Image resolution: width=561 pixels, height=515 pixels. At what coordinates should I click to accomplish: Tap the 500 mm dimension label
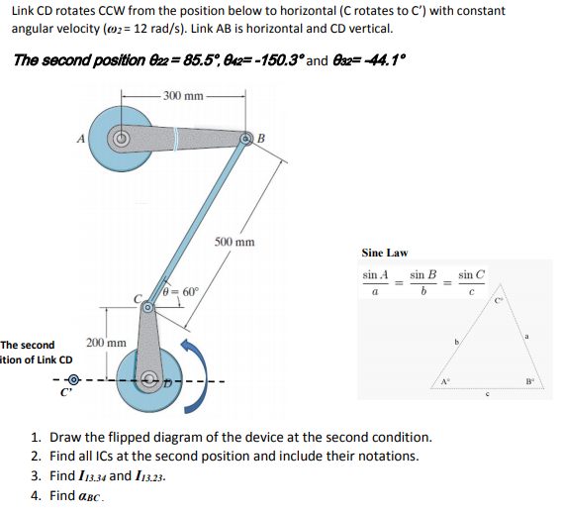click(234, 242)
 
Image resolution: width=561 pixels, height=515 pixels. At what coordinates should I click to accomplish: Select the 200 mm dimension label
click(106, 342)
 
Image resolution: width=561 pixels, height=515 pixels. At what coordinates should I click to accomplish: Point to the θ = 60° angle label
click(181, 292)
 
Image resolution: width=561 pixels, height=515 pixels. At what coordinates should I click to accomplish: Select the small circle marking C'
click(66, 378)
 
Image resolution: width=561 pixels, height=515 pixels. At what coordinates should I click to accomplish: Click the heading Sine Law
click(384, 254)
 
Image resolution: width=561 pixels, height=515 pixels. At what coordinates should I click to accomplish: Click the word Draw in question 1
click(64, 437)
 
